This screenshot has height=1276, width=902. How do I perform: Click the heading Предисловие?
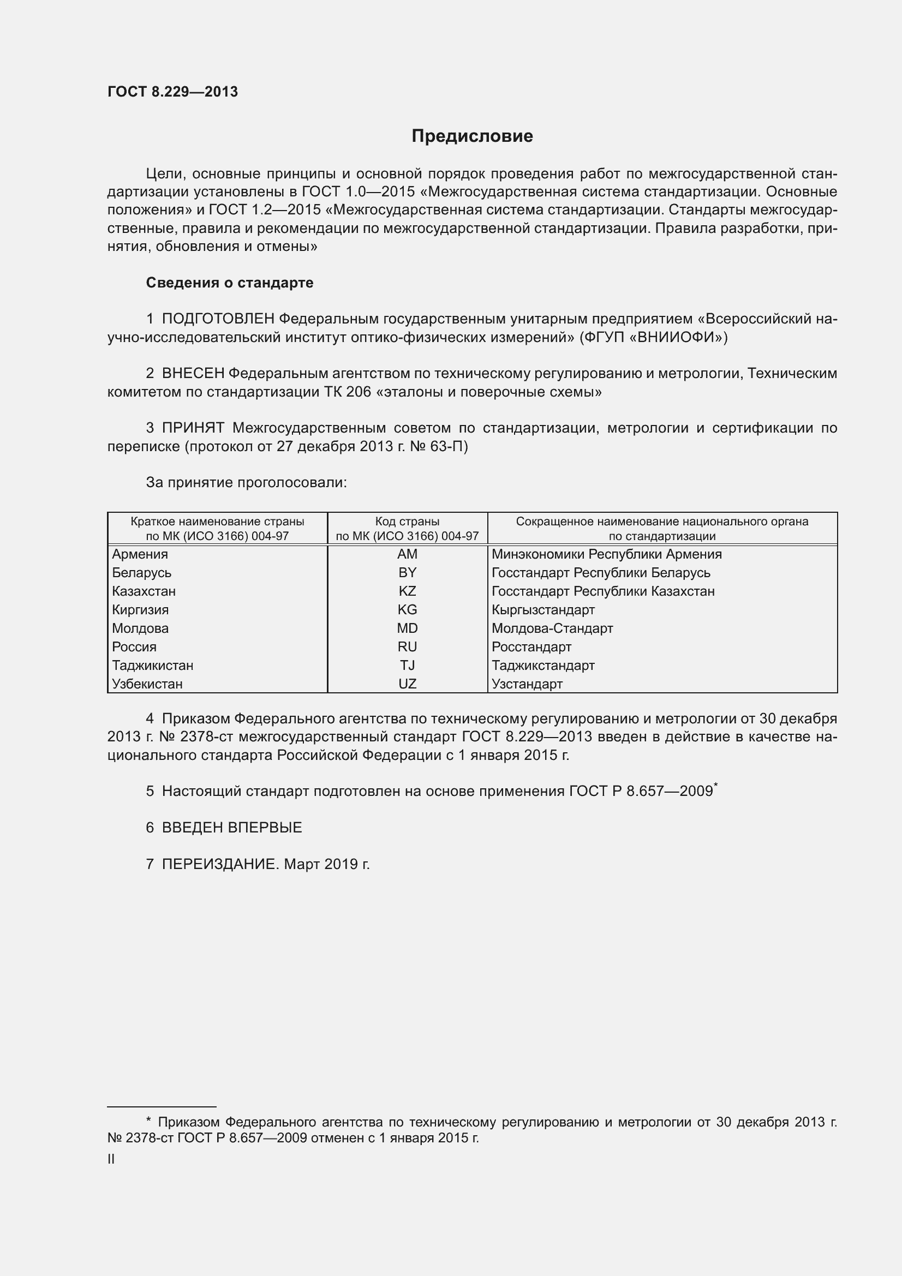click(x=472, y=136)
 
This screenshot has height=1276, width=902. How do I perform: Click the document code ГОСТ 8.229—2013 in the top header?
click(x=173, y=92)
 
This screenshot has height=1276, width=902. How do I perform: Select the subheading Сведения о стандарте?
click(x=230, y=283)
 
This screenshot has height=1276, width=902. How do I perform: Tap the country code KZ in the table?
click(x=407, y=591)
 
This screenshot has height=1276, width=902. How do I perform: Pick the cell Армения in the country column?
click(x=140, y=554)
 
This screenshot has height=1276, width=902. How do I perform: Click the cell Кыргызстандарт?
click(x=543, y=610)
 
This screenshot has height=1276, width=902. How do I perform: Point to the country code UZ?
click(x=407, y=684)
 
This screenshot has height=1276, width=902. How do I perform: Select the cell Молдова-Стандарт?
click(x=552, y=628)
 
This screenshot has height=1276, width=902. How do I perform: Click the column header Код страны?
click(x=407, y=522)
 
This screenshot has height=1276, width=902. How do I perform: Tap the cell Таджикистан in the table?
click(x=152, y=665)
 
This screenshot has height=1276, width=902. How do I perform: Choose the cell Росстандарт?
click(x=531, y=647)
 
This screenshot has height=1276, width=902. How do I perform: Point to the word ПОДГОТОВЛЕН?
click(x=218, y=319)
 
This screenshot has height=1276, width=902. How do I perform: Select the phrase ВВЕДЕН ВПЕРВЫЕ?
click(x=232, y=828)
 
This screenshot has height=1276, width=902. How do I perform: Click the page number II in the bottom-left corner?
click(x=111, y=1159)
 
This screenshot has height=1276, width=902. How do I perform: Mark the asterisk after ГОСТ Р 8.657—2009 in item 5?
click(x=716, y=784)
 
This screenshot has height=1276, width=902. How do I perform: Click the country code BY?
click(x=407, y=573)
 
